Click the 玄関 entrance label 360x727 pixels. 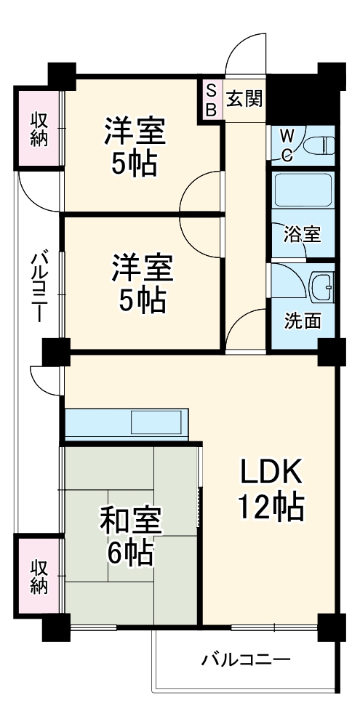(x=243, y=99)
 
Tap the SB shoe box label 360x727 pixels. (x=211, y=100)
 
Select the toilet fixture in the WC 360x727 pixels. (x=320, y=145)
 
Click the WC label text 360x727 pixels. (x=287, y=145)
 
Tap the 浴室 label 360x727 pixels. (x=302, y=235)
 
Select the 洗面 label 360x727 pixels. (x=302, y=321)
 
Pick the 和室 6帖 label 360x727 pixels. (x=131, y=537)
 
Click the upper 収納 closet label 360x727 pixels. (x=39, y=129)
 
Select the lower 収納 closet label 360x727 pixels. (x=39, y=575)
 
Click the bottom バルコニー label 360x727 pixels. (x=246, y=660)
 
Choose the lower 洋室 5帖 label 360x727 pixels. (x=142, y=281)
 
